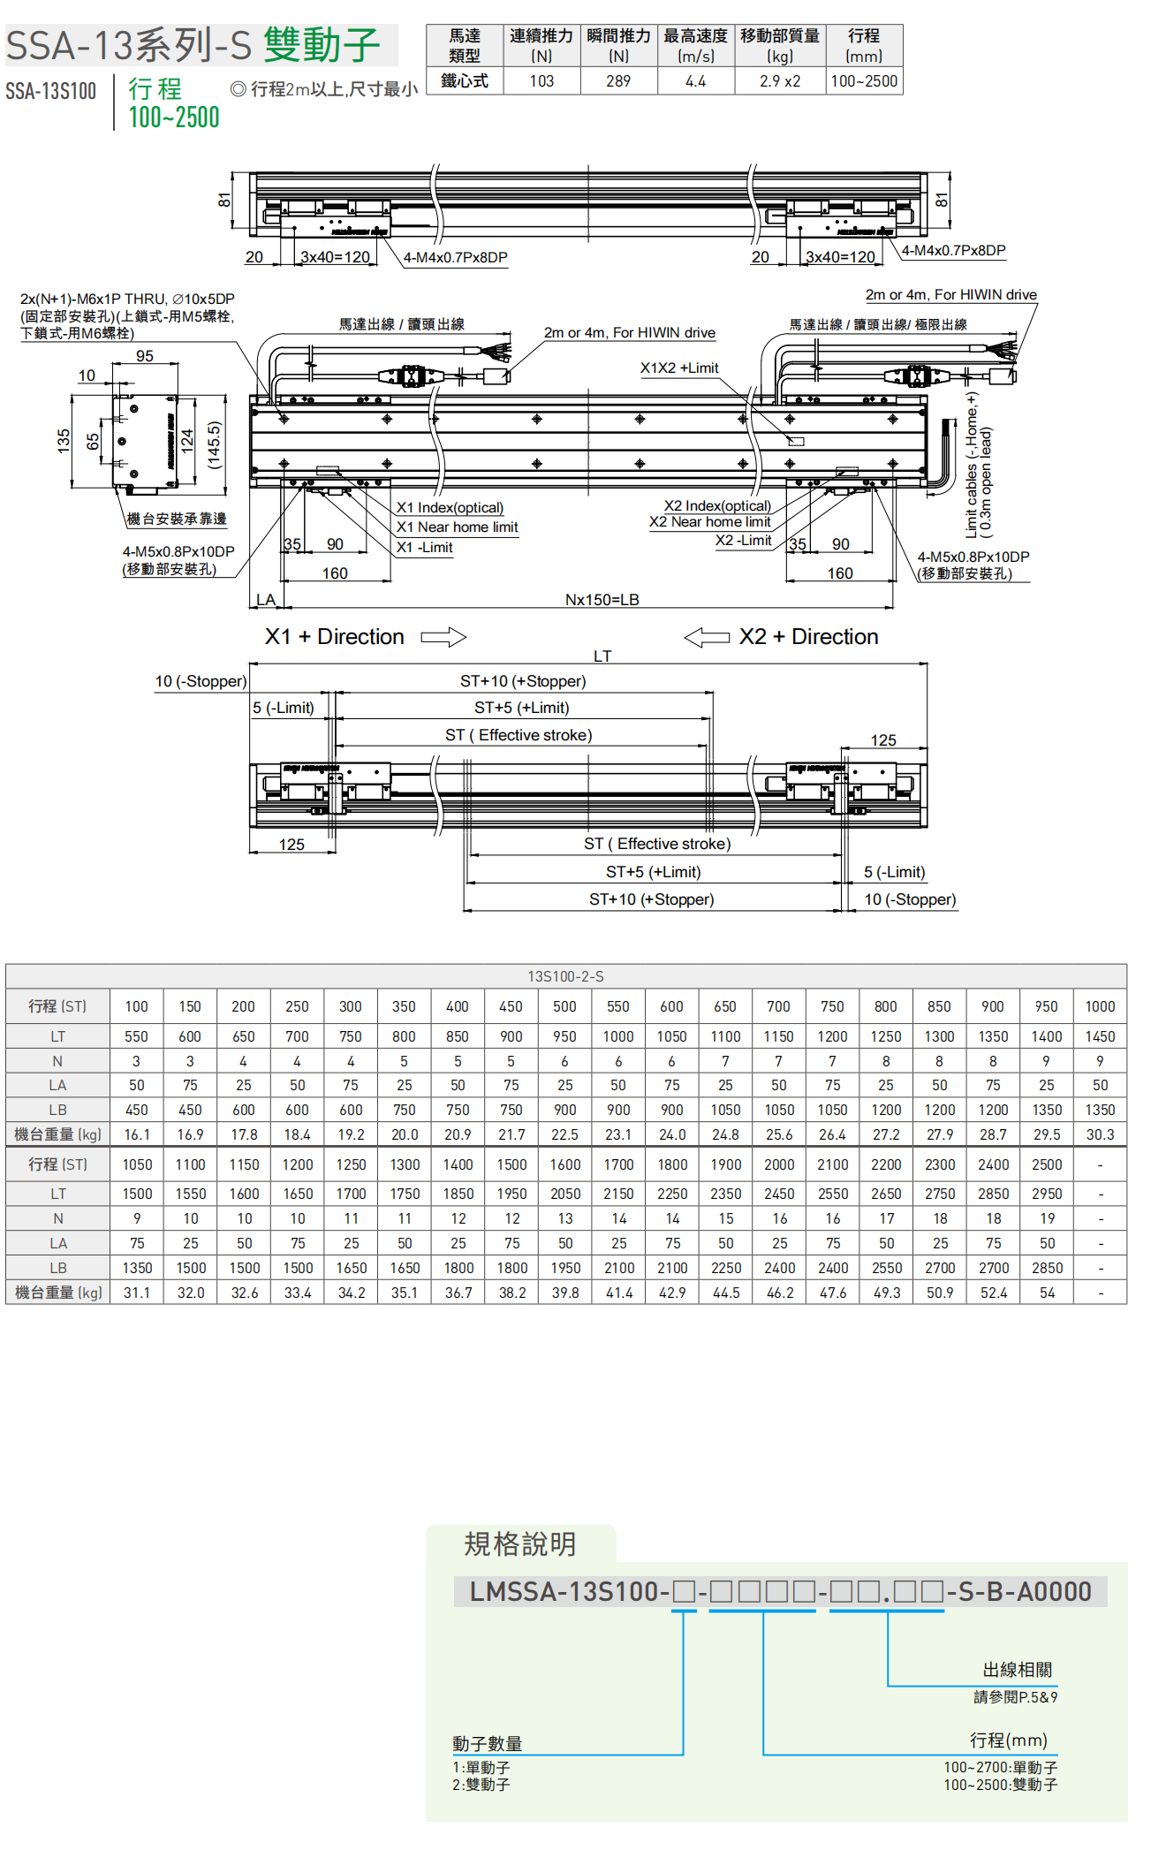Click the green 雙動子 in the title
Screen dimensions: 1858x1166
(322, 44)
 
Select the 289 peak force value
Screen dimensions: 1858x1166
(618, 81)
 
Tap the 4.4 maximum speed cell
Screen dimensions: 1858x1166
(695, 81)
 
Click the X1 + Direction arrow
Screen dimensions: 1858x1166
(443, 637)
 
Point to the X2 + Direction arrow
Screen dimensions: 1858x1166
(707, 637)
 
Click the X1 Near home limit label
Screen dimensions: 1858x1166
(457, 527)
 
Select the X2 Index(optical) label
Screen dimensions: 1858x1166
(717, 506)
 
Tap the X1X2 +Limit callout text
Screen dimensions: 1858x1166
(679, 368)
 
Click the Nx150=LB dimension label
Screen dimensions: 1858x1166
(602, 600)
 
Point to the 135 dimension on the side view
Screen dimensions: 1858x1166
(63, 441)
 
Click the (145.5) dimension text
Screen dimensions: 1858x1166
(214, 444)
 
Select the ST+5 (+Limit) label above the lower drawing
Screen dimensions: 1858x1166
(521, 708)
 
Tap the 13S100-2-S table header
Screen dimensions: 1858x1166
(565, 976)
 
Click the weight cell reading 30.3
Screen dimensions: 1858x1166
(1100, 1134)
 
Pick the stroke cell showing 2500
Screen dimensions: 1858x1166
(1047, 1164)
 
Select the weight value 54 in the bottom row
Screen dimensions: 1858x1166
(1047, 1293)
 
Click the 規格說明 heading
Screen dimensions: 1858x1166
(520, 1544)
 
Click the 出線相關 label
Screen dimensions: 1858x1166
(1017, 1670)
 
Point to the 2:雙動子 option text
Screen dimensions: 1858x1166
(481, 1785)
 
